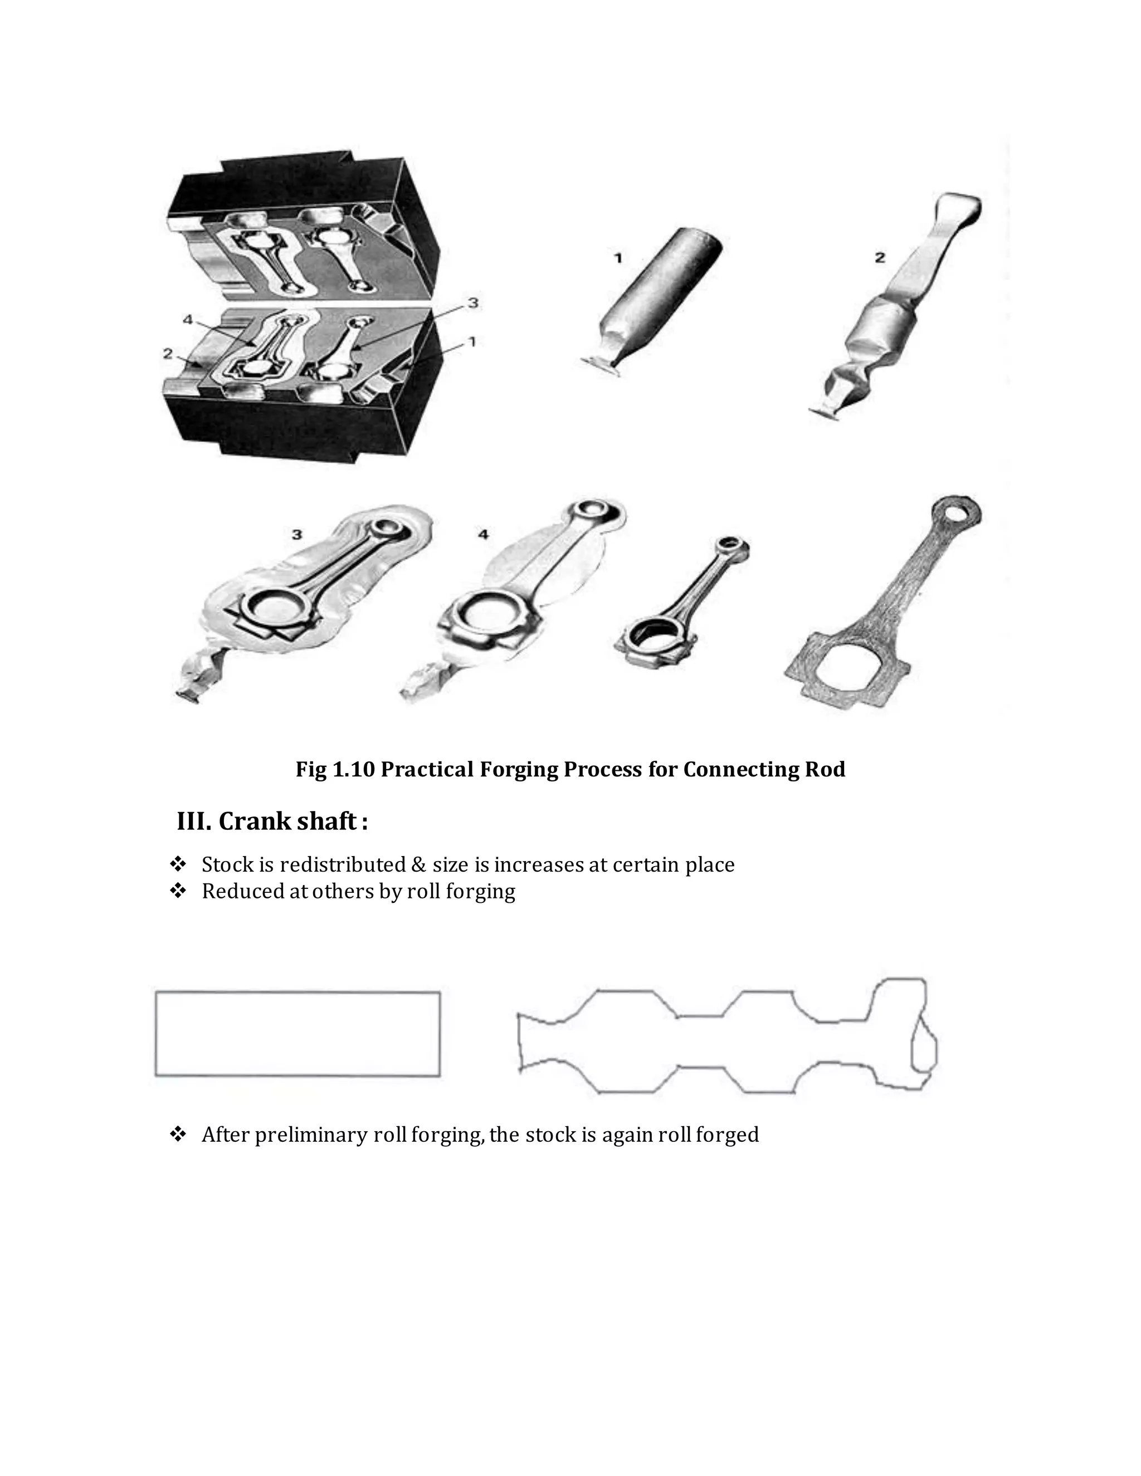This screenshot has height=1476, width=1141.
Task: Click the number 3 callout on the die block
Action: [473, 304]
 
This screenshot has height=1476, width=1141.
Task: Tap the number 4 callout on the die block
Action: [188, 320]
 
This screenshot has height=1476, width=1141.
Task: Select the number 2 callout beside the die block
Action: [168, 354]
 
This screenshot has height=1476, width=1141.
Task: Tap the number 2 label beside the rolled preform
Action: [879, 257]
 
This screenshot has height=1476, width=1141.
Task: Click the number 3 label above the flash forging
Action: [297, 535]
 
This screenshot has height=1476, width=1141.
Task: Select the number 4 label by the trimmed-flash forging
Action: [482, 535]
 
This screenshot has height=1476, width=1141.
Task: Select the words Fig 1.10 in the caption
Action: [335, 769]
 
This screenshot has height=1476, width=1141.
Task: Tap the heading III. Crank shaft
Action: [272, 821]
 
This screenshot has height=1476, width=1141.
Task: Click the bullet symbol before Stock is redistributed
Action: [178, 864]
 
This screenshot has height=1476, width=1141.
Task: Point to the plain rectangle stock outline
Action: [298, 1034]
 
